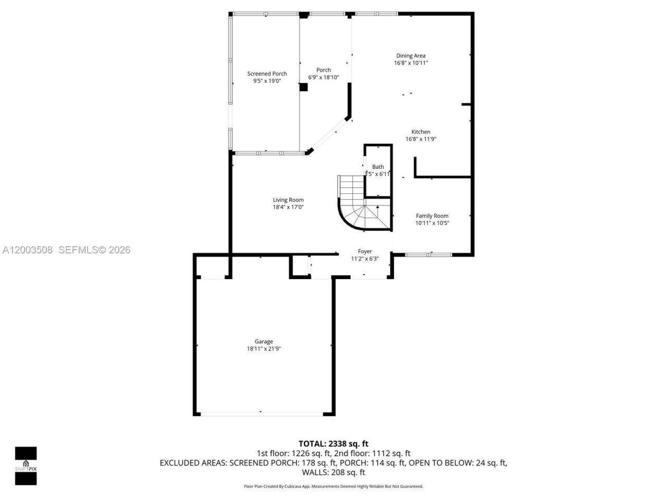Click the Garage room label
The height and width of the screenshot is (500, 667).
(x=264, y=342)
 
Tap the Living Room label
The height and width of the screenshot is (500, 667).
(x=288, y=200)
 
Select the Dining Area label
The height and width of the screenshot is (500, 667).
(x=411, y=56)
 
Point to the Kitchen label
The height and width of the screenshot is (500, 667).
(x=421, y=132)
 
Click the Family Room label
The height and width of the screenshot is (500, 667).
(x=432, y=216)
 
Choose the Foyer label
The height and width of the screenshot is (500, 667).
(x=365, y=252)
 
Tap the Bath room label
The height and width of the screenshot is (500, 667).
(x=378, y=167)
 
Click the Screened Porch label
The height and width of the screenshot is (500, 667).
(x=267, y=74)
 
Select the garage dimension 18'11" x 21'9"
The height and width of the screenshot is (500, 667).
(x=264, y=349)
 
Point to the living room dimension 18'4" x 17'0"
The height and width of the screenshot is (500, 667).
(x=288, y=207)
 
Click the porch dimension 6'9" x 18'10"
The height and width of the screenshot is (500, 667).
(x=324, y=78)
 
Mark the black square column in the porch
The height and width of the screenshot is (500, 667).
(x=303, y=87)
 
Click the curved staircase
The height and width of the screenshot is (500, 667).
(x=360, y=208)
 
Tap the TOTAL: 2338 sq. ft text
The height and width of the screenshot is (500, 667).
(x=333, y=444)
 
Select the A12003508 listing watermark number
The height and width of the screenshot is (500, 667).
(x=28, y=250)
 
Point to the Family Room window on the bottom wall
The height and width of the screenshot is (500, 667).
(x=429, y=255)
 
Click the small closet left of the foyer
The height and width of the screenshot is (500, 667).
(x=300, y=266)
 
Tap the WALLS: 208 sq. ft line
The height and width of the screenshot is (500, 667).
(x=333, y=472)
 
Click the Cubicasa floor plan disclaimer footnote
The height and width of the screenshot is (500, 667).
(x=333, y=486)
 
